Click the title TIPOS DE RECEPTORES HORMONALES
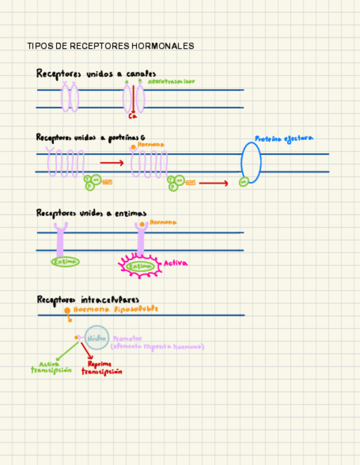click(x=110, y=46)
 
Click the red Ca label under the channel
click(x=132, y=116)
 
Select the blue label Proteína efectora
click(x=284, y=139)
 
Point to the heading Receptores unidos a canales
click(x=96, y=73)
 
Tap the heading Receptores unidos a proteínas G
click(x=91, y=138)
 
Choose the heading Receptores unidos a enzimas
click(x=91, y=213)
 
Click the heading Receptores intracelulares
click(x=88, y=299)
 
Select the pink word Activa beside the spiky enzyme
click(x=176, y=263)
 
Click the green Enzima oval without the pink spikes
click(x=65, y=262)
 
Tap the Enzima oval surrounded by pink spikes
click(x=139, y=266)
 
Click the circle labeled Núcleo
click(x=97, y=338)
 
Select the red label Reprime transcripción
click(x=102, y=367)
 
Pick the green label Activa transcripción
click(x=51, y=367)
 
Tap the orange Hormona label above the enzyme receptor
click(x=163, y=222)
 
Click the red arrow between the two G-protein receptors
click(x=112, y=163)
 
